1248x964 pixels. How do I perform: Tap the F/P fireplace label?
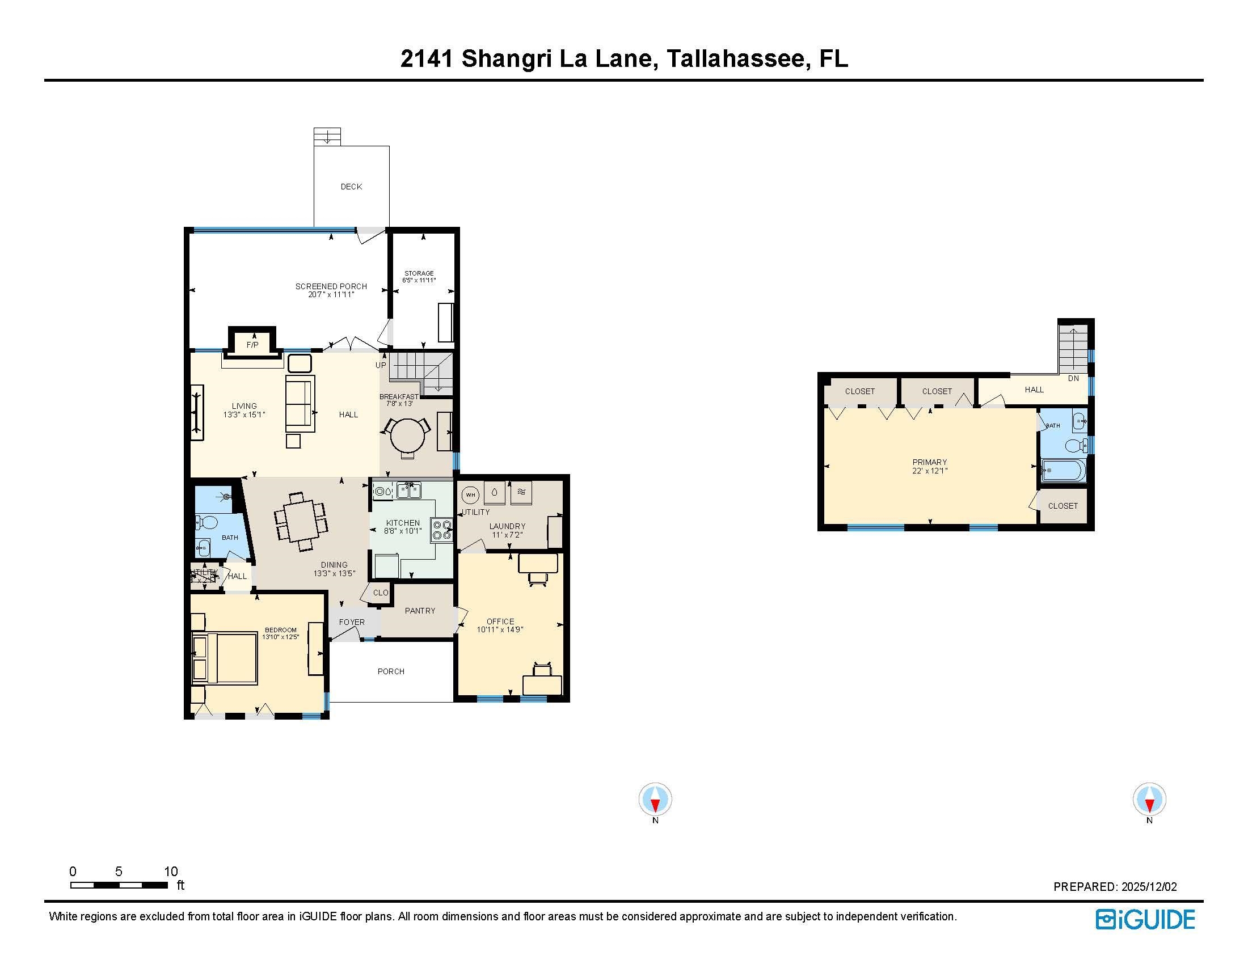pos(252,345)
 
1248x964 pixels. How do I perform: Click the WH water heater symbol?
pos(470,494)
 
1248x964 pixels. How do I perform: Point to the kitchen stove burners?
pos(442,530)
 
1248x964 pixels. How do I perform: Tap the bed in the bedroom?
pos(225,657)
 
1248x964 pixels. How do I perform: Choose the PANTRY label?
pos(420,611)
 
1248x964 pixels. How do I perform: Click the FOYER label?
pos(352,622)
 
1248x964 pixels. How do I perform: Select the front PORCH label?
pos(391,671)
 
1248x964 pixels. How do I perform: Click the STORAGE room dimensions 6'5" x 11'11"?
pos(419,280)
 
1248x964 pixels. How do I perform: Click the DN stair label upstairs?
pos(1073,378)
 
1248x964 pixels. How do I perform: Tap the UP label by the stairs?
pos(381,365)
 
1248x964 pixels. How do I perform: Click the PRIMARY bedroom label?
pos(929,462)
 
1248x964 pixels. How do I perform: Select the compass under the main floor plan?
pos(655,799)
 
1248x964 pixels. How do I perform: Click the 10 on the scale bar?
pos(171,872)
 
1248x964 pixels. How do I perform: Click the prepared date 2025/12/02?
pos(1149,887)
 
